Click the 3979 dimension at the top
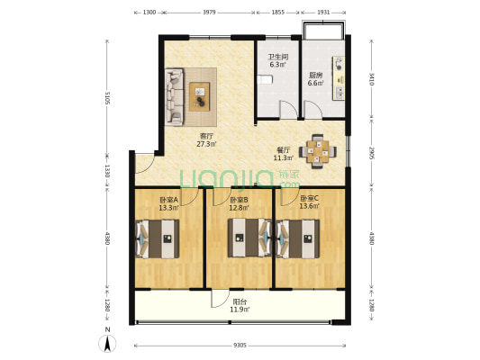tap(209, 13)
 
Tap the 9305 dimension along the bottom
tap(240, 346)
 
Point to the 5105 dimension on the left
tap(107, 97)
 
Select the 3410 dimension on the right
tap(371, 78)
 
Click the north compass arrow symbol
tap(107, 343)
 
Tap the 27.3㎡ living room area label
tap(206, 144)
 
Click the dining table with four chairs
tap(318, 151)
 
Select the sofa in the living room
tap(175, 96)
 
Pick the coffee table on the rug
tap(199, 96)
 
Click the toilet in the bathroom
tap(265, 80)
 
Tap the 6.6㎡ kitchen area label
tap(315, 83)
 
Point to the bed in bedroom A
tap(158, 238)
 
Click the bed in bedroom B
tap(249, 238)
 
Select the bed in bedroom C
tap(298, 238)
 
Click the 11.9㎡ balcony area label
tap(240, 310)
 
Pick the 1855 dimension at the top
tap(278, 13)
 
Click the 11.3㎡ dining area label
tap(284, 157)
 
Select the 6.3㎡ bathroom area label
tap(277, 65)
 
